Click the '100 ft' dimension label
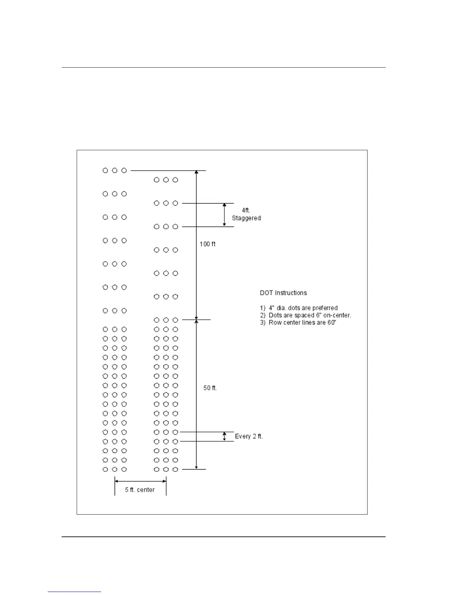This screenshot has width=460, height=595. click(207, 244)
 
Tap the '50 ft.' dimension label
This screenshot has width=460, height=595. click(210, 388)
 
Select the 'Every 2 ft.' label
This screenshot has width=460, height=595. click(249, 436)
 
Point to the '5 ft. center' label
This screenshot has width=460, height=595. click(140, 490)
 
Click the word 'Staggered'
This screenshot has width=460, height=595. click(246, 218)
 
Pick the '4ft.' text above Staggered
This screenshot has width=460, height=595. click(246, 210)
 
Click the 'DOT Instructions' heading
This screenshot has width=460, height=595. click(283, 293)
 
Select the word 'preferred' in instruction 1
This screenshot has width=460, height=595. click(325, 308)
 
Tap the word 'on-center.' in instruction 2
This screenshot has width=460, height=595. click(337, 315)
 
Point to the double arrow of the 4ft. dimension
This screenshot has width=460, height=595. click(224, 215)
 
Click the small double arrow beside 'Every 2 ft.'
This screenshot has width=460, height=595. click(224, 436)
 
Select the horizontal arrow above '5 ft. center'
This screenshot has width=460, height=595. click(140, 481)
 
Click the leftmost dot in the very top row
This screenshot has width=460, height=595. click(105, 171)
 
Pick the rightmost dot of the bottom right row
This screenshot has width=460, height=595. click(175, 469)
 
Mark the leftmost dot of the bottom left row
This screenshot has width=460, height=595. click(105, 469)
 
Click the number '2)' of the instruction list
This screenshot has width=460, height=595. click(263, 315)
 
